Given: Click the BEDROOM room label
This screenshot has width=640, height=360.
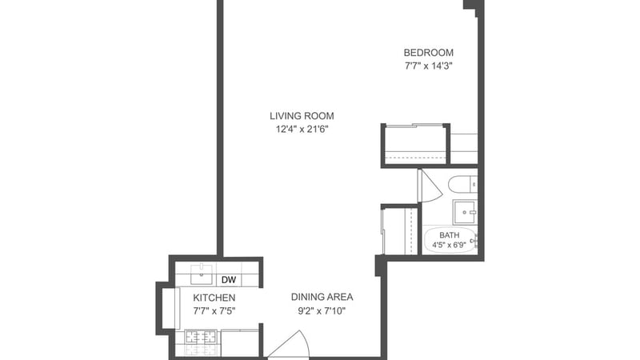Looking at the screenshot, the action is coord(429,53).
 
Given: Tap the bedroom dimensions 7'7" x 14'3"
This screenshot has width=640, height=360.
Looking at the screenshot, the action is coord(429,66).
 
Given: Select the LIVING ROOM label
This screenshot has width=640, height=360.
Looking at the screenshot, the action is coord(302,116).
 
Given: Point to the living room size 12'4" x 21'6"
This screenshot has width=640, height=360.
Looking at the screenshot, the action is coord(302,130).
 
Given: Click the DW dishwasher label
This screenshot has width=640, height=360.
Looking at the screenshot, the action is coord(229,280).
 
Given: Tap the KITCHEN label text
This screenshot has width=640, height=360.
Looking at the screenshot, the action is coord(214,298).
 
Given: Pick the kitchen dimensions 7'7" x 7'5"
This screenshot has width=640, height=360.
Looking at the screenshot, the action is coord(214,311).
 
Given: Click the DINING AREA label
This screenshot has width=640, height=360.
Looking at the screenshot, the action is coord(322,297).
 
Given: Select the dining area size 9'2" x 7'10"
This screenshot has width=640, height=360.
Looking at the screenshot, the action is coord(322,311).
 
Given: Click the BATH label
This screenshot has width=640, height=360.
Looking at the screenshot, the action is coord(450,235).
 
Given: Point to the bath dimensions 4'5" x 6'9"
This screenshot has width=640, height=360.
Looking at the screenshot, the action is coord(450,245).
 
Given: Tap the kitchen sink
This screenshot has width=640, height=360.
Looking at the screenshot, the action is coord(202,274).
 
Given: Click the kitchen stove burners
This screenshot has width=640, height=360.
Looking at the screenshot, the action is coord(201,337).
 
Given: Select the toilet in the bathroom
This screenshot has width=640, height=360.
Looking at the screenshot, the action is coord(462,185).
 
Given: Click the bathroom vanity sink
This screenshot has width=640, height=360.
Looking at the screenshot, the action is coord(465,212).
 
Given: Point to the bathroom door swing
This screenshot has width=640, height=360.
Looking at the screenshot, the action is coord(430,186).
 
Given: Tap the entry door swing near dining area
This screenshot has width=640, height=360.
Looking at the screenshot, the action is coord(289,345).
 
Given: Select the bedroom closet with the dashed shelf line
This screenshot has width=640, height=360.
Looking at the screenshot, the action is coord(416,145).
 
